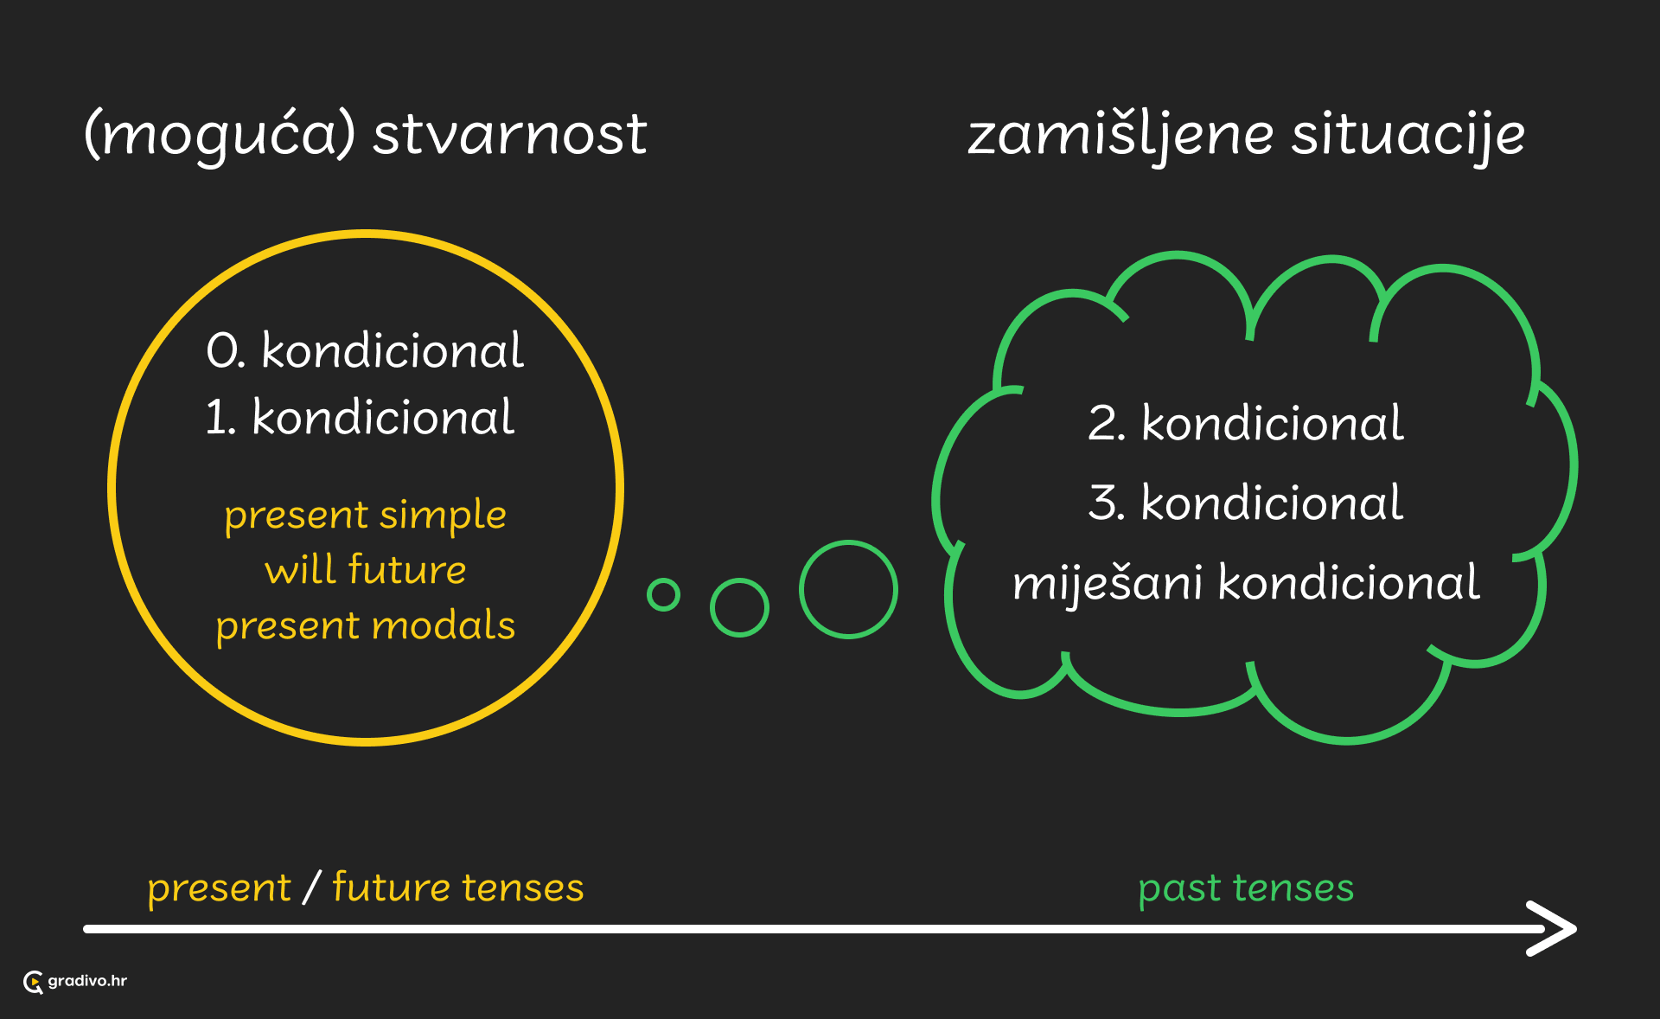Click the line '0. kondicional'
coord(365,349)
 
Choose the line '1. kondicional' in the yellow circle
coord(360,416)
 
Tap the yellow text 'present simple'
coord(365,516)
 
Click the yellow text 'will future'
coord(365,569)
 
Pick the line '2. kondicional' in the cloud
coord(1246,422)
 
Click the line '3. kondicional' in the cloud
coord(1246,502)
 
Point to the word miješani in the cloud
coord(1108,581)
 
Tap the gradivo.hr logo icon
coord(34,982)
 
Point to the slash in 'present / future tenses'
coord(312,888)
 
